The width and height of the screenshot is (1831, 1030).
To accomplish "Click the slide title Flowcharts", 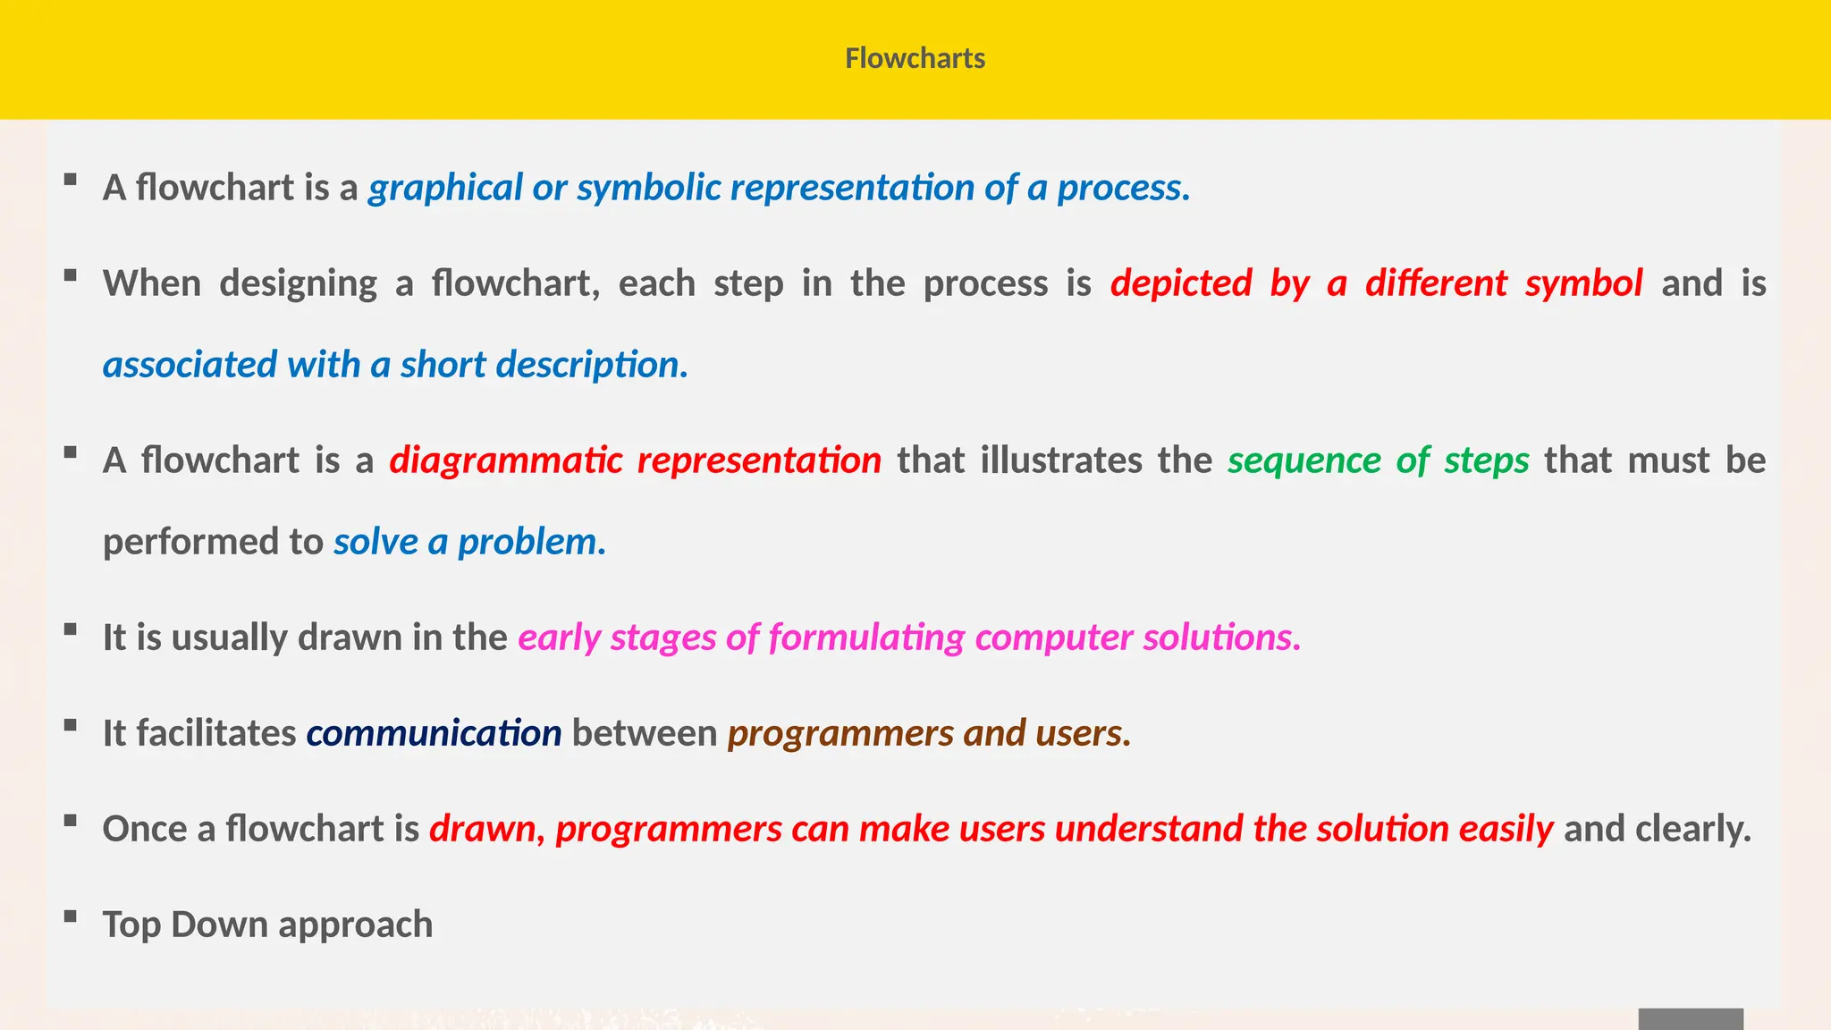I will tap(915, 59).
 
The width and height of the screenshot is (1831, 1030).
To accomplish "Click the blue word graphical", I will tap(444, 189).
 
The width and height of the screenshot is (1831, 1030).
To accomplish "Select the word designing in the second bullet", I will tap(298, 284).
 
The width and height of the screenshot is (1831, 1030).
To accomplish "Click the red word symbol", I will tap(1583, 284).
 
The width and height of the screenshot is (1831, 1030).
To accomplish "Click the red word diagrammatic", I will tap(506, 461).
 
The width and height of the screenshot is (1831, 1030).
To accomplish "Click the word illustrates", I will tap(1060, 461).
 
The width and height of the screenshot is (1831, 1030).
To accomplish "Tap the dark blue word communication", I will tap(434, 734).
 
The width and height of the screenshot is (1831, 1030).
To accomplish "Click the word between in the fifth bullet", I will tap(644, 734).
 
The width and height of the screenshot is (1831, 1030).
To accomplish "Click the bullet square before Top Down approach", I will tap(71, 916).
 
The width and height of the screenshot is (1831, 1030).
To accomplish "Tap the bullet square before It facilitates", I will tap(71, 724).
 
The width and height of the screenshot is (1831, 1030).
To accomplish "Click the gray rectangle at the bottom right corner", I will tap(1690, 1019).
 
